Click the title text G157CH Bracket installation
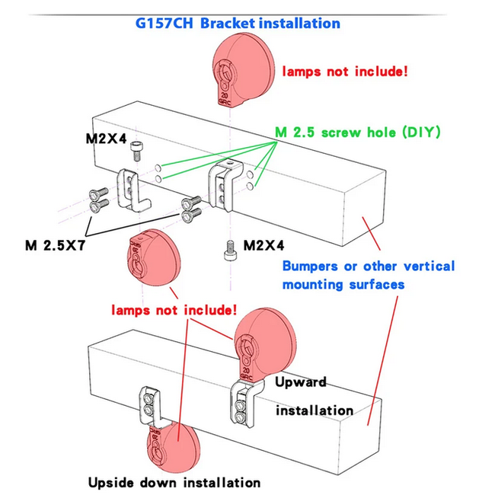[238, 23]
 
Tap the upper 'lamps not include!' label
[345, 72]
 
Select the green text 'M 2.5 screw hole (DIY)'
[358, 132]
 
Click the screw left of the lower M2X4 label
[228, 250]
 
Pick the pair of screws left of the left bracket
[97, 200]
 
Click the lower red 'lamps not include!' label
[174, 311]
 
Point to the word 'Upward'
[300, 382]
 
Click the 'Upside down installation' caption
[174, 482]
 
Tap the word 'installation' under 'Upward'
[314, 410]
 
